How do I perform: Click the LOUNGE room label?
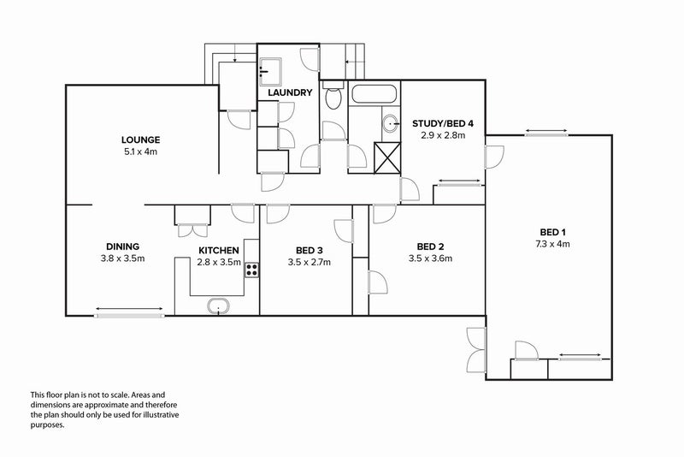(x=140, y=140)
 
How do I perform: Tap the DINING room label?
(x=122, y=246)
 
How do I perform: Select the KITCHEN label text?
(x=219, y=251)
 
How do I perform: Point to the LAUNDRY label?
(x=290, y=92)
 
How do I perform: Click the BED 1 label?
(x=552, y=232)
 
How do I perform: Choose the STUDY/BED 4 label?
(x=443, y=123)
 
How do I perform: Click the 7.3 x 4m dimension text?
(x=552, y=244)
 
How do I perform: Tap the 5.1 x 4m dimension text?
(x=140, y=151)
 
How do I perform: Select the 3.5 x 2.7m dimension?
(x=309, y=263)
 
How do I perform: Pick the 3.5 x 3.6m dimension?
(x=430, y=258)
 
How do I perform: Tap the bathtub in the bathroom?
(x=374, y=94)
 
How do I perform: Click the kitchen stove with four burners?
(x=251, y=270)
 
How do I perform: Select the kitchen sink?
(x=218, y=306)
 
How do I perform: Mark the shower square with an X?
(x=387, y=157)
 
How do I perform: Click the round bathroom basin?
(x=391, y=124)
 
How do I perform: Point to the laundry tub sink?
(x=270, y=72)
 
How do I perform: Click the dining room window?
(x=130, y=315)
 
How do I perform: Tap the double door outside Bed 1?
(x=477, y=350)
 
